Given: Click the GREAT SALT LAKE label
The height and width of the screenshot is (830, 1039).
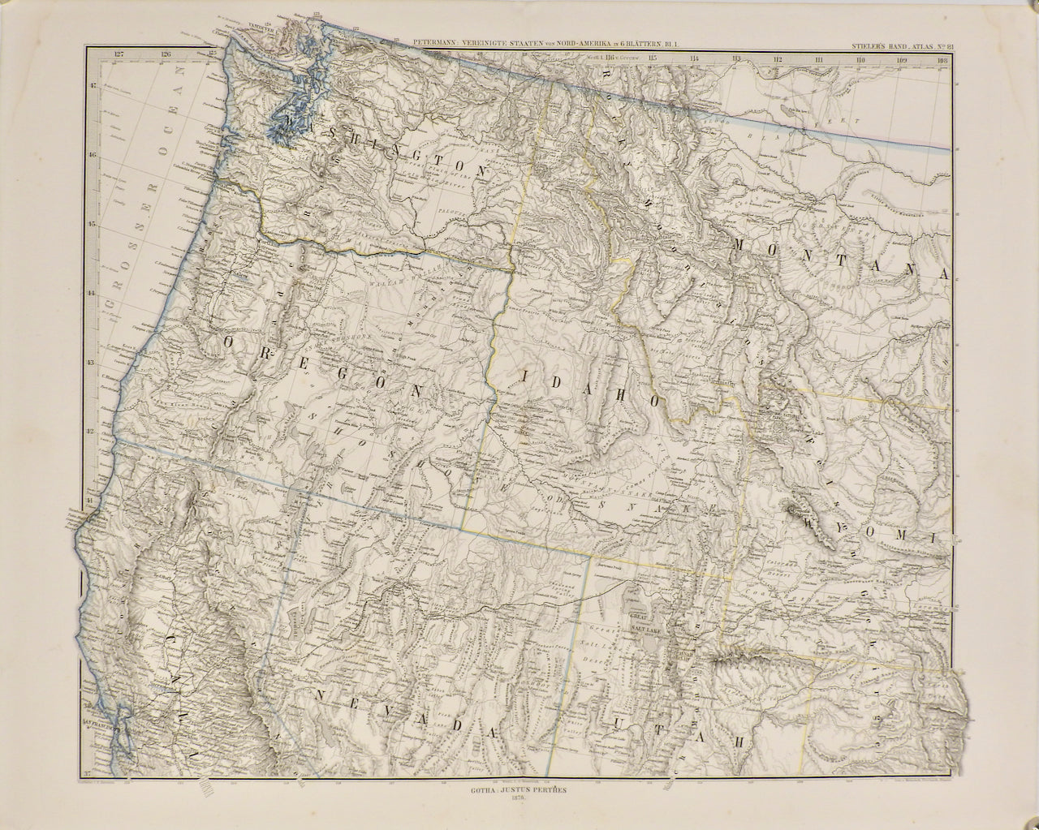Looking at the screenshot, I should pyautogui.click(x=644, y=621).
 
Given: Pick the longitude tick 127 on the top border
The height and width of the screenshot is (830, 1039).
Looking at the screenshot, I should pyautogui.click(x=120, y=54).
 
